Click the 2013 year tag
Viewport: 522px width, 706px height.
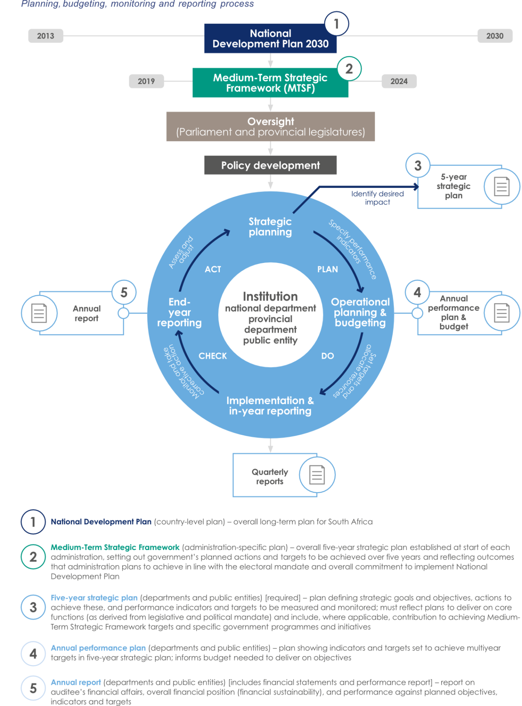tap(45, 36)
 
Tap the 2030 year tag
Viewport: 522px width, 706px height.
tap(495, 36)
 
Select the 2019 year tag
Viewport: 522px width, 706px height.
tap(146, 81)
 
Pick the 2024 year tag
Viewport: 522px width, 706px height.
tap(399, 81)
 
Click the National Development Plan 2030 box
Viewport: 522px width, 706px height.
tap(270, 38)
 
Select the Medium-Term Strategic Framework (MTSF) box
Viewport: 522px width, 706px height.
tap(270, 83)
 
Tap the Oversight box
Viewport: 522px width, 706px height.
tap(270, 127)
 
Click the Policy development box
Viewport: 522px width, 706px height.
tap(270, 165)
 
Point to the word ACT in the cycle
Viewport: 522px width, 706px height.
tap(213, 269)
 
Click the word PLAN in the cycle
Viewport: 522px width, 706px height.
tap(327, 269)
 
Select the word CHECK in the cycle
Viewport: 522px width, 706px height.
tap(212, 356)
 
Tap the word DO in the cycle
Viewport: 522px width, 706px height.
tap(327, 356)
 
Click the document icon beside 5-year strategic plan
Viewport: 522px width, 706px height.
tap(502, 187)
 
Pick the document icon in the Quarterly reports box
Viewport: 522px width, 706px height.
tap(317, 475)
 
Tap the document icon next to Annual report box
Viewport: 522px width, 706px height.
tap(39, 313)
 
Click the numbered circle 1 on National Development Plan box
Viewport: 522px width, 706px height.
tap(336, 24)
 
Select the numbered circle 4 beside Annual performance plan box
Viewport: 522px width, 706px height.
tap(417, 292)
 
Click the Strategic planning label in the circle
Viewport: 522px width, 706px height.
tap(270, 227)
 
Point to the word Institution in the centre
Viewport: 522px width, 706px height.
tap(270, 296)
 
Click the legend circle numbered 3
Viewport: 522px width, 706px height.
tap(33, 607)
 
